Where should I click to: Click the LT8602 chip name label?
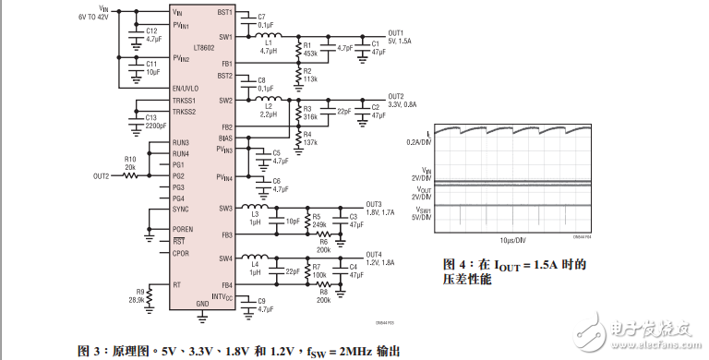pyautogui.click(x=205, y=44)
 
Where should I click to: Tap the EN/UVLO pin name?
pyautogui.click(x=185, y=88)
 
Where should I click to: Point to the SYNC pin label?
pyautogui.click(x=181, y=210)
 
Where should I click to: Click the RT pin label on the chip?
pyautogui.click(x=176, y=284)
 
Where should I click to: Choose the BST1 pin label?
pyautogui.click(x=224, y=13)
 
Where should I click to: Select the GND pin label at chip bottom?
pyautogui.click(x=203, y=304)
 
